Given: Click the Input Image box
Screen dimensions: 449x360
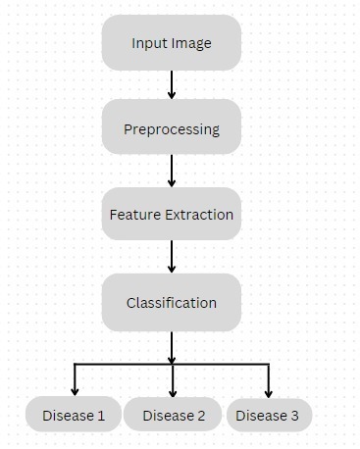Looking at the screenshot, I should (x=172, y=43).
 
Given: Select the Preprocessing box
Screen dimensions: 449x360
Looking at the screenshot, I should (x=172, y=128).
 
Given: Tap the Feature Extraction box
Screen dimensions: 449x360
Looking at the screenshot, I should (x=172, y=214).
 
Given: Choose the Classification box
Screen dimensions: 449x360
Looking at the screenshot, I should (x=172, y=302).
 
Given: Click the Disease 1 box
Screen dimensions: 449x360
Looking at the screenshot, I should (x=74, y=416).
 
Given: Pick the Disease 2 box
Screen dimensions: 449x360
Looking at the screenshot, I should (x=174, y=416).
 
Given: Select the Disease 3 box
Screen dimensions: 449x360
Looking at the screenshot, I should (x=268, y=416).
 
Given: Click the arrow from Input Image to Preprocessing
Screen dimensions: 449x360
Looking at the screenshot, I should (x=172, y=84).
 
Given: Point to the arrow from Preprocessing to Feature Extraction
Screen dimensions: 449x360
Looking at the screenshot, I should (x=172, y=171).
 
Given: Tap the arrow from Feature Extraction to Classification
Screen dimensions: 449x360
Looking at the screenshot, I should (x=172, y=257).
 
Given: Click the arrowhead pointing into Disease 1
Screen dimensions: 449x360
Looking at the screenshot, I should (x=75, y=390).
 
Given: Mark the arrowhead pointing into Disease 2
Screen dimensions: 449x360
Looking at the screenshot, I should (x=173, y=390).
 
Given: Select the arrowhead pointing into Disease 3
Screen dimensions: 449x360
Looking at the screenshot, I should (x=268, y=390).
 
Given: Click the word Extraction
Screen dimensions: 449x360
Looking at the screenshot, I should (x=200, y=215).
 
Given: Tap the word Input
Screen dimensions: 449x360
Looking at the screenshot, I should (x=148, y=43).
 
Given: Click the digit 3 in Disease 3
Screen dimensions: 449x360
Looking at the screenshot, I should (x=294, y=416).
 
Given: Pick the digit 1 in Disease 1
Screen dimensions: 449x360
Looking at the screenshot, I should (x=101, y=416).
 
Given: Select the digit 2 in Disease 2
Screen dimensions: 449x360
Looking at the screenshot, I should (x=201, y=416).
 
